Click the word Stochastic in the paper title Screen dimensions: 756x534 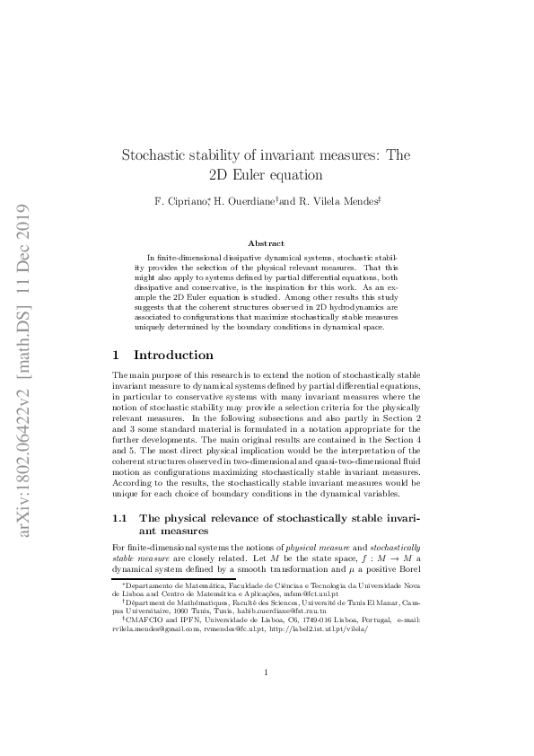coord(153,155)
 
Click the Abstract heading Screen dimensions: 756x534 coord(267,243)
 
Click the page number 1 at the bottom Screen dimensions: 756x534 coord(267,697)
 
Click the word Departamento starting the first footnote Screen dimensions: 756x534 coord(147,585)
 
